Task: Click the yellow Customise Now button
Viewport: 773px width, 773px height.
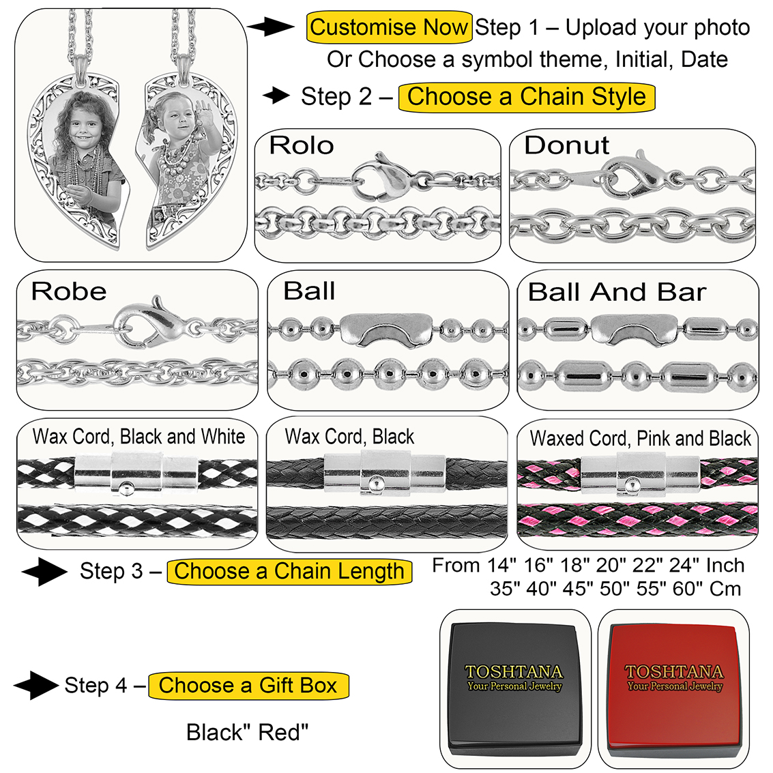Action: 389,28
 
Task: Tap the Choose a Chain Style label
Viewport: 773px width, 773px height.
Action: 526,97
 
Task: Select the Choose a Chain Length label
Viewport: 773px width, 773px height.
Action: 289,571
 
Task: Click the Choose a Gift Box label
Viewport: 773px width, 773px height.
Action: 248,685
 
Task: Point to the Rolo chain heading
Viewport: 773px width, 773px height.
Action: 302,145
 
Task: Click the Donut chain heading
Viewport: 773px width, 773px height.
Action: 566,145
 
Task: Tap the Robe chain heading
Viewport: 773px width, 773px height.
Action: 69,292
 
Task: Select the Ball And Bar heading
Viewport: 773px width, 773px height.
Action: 617,292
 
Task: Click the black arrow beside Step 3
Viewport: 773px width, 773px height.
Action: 44,572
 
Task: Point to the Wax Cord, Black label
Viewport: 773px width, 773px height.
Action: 349,437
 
